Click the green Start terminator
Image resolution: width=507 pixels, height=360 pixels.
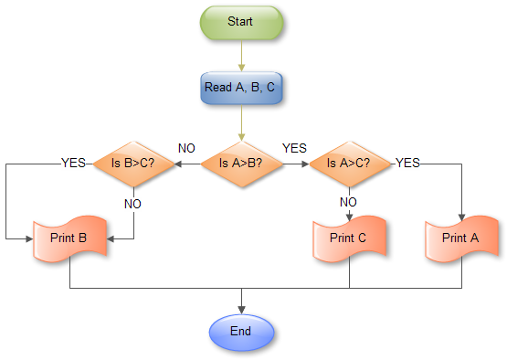[241, 20]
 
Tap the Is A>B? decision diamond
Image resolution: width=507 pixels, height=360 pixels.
[241, 164]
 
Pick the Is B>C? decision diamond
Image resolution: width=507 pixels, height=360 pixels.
[133, 164]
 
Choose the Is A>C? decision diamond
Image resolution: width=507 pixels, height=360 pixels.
[349, 164]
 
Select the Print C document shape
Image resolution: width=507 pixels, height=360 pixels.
[349, 238]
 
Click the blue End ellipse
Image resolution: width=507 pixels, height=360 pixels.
[241, 330]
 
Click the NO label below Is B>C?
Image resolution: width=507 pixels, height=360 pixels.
[133, 204]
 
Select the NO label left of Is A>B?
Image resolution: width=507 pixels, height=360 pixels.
[186, 147]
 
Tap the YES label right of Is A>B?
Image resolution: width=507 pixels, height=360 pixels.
[295, 147]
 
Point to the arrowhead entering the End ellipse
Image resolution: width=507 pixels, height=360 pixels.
[241, 308]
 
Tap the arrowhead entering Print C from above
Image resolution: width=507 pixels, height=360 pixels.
[349, 215]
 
